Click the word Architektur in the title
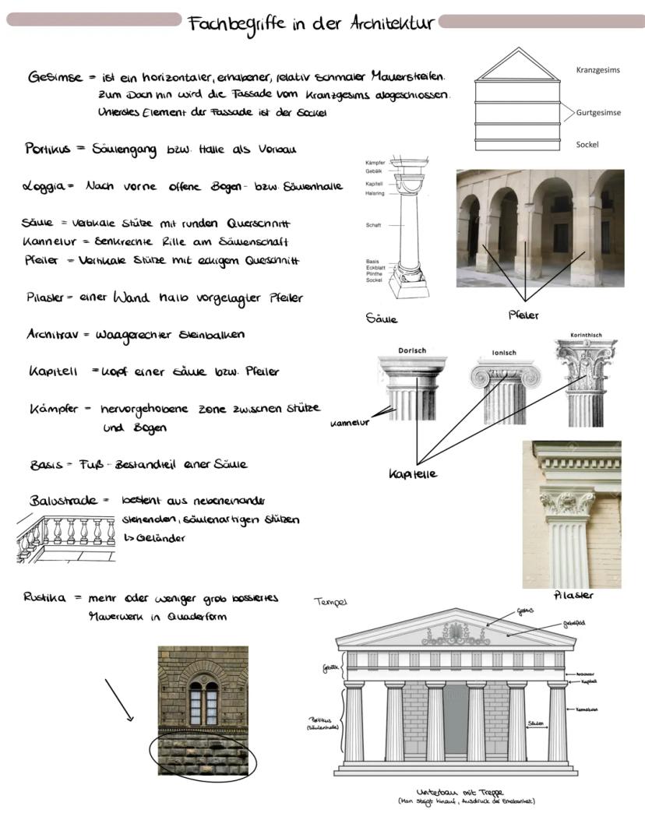tap(391, 23)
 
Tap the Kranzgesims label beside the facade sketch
tap(597, 70)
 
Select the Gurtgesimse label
tap(598, 113)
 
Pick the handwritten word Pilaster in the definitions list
tap(50, 297)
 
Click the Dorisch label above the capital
tap(412, 350)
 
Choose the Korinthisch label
tap(586, 336)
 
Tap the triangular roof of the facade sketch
tap(518, 65)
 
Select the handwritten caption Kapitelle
tap(413, 474)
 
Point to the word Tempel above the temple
tap(329, 602)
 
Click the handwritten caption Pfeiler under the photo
tap(523, 315)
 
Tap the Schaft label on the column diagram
tap(373, 225)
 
